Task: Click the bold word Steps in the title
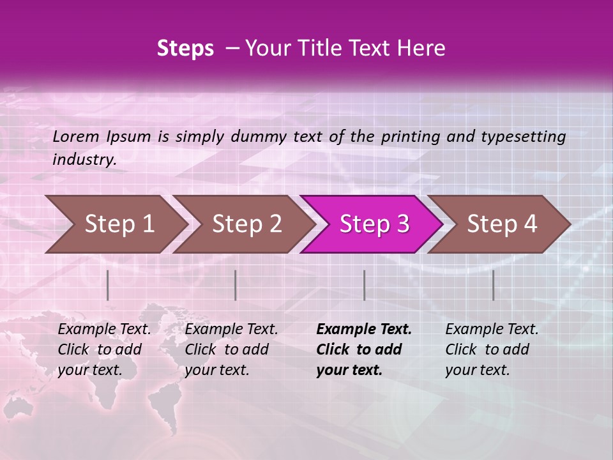tap(185, 48)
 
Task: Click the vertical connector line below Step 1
tap(108, 285)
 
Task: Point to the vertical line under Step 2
tap(236, 285)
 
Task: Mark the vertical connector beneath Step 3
tap(364, 285)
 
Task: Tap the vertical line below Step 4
tap(494, 285)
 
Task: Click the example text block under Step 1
tap(104, 349)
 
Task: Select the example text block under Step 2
tap(231, 349)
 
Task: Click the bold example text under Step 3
tap(364, 349)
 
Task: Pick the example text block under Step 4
tap(492, 349)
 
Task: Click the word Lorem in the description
tap(76, 137)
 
